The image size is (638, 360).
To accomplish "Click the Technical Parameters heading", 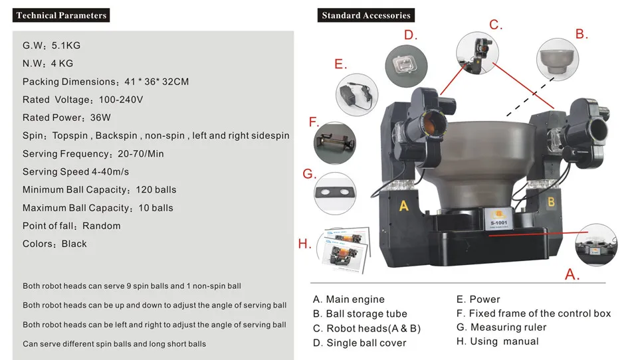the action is (x=61, y=15).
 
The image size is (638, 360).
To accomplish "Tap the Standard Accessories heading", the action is (x=366, y=15).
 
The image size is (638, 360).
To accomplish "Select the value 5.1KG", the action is (x=66, y=46).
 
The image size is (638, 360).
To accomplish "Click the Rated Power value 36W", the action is (x=100, y=118).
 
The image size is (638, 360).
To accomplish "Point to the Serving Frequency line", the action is (x=93, y=153).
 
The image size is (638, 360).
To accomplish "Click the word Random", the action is (x=101, y=226).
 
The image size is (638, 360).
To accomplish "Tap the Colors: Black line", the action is (x=54, y=244).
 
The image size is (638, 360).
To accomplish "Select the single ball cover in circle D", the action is (x=405, y=65).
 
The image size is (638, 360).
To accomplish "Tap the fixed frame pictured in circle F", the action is (x=334, y=142).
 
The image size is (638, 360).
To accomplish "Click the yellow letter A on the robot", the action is (x=403, y=205).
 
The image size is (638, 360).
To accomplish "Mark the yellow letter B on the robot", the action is (x=551, y=202).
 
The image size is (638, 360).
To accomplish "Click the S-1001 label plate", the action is (x=498, y=220).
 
